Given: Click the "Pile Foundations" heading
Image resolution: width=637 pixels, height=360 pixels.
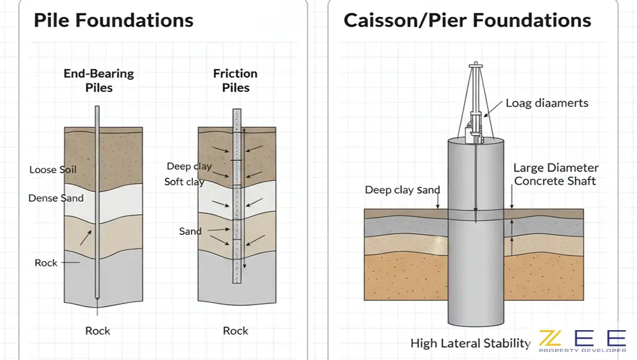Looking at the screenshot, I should click(113, 21).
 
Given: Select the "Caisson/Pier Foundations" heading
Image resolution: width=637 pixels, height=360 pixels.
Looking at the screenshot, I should click(467, 21).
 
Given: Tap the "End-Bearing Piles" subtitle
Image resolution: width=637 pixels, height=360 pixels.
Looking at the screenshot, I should click(98, 80).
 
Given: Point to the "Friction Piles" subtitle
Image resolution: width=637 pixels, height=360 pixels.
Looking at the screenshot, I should click(235, 80).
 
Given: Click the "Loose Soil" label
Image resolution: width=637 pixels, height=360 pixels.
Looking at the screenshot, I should click(53, 170).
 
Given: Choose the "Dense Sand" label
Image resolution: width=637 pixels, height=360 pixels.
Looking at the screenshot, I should click(55, 198).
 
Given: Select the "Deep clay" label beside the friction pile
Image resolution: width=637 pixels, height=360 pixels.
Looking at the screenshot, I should click(189, 167).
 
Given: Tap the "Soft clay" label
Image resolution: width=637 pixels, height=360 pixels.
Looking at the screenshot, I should click(184, 182).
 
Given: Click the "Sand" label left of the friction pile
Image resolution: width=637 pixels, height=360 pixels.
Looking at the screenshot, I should click(190, 231).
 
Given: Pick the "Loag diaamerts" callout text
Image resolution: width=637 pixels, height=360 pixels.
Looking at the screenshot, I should click(547, 103).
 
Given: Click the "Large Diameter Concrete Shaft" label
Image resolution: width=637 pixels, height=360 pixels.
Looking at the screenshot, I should click(556, 175).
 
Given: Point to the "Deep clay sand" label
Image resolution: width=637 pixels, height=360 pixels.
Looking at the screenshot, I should click(402, 190).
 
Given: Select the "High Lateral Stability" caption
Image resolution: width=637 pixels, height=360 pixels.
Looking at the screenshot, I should click(470, 343).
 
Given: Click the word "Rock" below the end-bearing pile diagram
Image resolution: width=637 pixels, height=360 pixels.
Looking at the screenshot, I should click(98, 331).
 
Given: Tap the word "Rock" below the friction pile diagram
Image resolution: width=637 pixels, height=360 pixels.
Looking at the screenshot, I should click(236, 331).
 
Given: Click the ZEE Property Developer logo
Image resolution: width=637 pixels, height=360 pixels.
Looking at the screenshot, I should click(582, 340).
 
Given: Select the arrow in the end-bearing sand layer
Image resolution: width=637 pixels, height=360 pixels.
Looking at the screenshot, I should click(86, 237).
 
